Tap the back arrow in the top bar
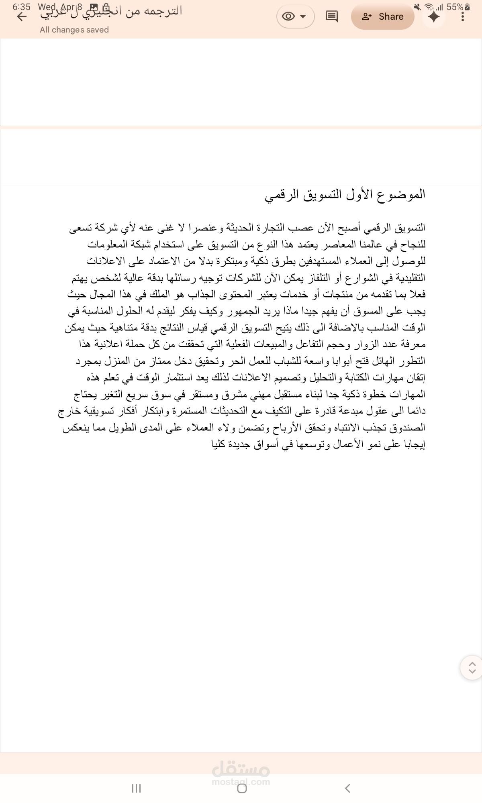tap(22, 17)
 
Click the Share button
tap(382, 17)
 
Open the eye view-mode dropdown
tap(295, 17)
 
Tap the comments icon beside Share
tap(331, 17)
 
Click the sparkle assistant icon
tap(434, 17)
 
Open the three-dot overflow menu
tap(463, 17)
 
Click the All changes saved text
tap(74, 30)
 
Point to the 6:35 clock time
tap(21, 7)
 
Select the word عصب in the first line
tap(304, 228)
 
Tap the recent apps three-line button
tap(136, 788)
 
